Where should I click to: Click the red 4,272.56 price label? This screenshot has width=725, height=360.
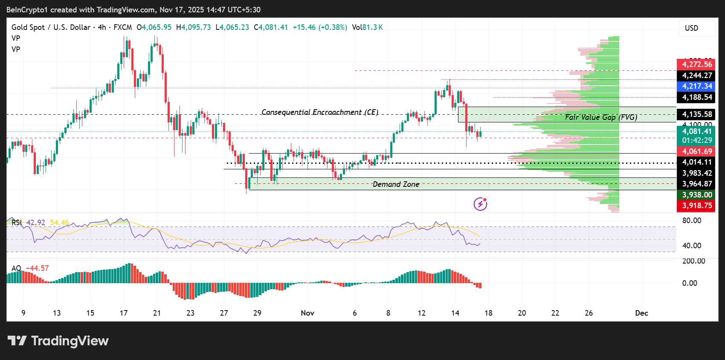(696, 64)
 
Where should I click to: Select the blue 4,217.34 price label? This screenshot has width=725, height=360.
(696, 86)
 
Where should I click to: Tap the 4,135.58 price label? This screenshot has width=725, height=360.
(696, 114)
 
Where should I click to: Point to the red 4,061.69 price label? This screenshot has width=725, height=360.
(696, 151)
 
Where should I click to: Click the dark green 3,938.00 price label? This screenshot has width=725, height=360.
(696, 195)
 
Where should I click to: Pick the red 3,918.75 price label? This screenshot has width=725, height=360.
(696, 206)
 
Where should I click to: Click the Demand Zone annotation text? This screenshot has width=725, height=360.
(396, 184)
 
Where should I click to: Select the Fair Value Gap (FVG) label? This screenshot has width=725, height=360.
(601, 117)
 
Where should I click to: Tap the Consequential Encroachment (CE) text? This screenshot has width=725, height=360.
(319, 112)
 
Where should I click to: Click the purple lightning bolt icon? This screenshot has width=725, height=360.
(480, 204)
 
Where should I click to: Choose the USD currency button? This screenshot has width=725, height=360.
(691, 28)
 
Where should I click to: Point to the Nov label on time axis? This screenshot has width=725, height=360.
(307, 313)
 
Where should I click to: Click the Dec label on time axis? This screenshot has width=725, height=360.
(641, 313)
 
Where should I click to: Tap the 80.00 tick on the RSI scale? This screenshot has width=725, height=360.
(691, 221)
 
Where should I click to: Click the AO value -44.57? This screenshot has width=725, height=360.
(37, 268)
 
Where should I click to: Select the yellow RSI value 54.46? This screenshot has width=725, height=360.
(59, 223)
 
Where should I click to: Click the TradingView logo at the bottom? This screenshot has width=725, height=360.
(58, 341)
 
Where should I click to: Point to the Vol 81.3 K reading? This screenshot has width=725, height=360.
(367, 27)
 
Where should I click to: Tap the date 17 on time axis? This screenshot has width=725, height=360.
(124, 313)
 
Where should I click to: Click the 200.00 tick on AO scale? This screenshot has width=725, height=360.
(693, 261)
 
